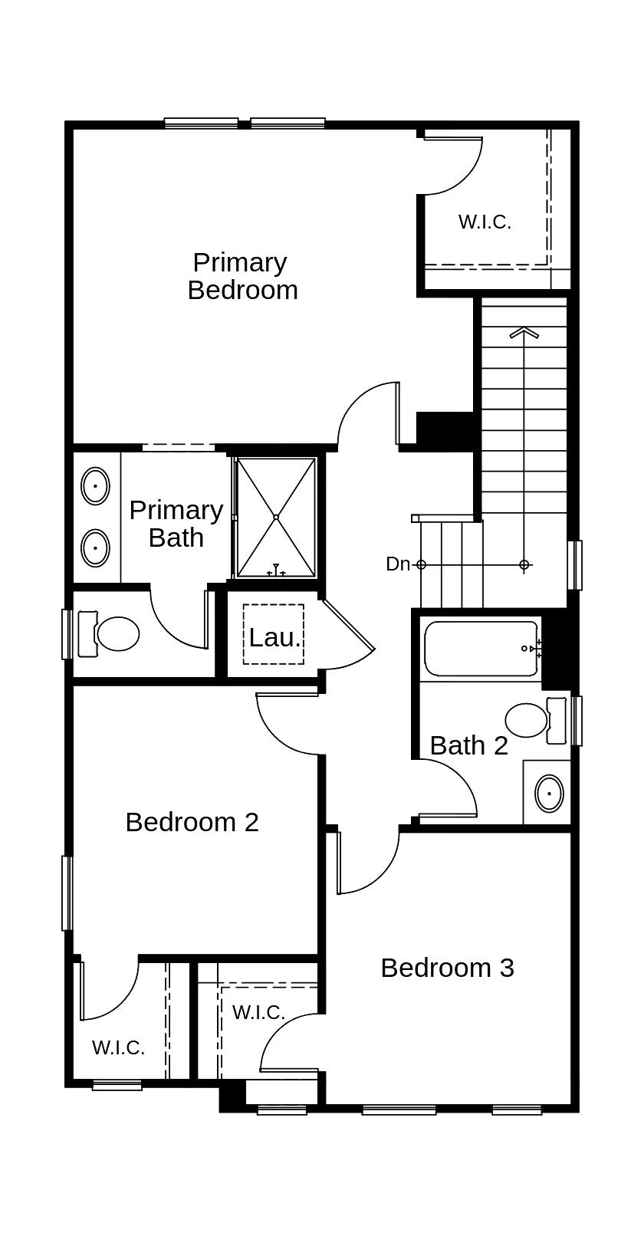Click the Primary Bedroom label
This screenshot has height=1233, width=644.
(x=242, y=276)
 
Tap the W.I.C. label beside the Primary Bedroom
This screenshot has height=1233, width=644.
(x=485, y=222)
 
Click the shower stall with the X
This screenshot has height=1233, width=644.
(x=276, y=517)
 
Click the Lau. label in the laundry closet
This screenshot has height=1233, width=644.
(x=274, y=637)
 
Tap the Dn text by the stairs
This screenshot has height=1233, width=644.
(x=398, y=564)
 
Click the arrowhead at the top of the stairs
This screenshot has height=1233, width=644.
(x=524, y=333)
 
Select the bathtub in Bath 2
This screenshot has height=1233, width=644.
(x=481, y=649)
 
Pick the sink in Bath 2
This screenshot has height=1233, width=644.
(x=549, y=794)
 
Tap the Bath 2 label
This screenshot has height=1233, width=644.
(x=468, y=745)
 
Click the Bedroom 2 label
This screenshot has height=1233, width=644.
(x=192, y=822)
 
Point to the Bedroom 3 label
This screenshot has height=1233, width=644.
(x=447, y=968)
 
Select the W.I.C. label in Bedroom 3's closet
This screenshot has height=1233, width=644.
(x=258, y=1012)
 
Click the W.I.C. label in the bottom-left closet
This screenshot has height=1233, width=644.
(x=118, y=1047)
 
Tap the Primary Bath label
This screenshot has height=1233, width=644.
(x=176, y=524)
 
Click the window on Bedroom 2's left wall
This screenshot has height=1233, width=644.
(x=67, y=893)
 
